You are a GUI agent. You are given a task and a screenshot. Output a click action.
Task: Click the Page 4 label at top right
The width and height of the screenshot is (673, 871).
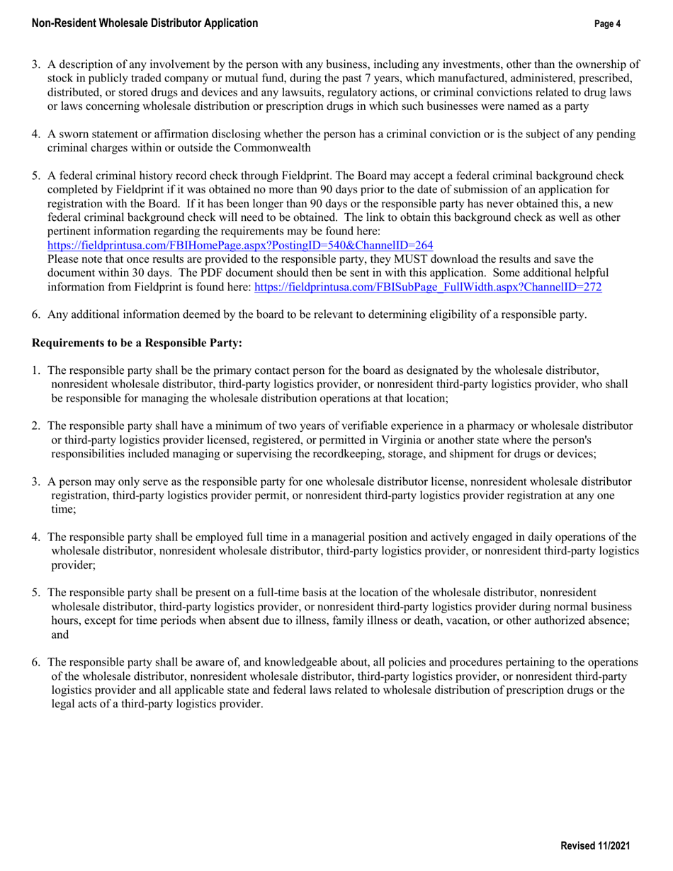tap(608, 24)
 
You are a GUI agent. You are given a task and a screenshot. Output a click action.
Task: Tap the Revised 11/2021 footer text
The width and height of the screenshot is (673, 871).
tap(595, 846)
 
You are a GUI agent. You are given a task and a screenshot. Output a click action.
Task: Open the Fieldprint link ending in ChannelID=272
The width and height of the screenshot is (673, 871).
tap(428, 287)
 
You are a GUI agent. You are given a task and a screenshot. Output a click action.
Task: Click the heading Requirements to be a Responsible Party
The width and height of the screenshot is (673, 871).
tap(137, 343)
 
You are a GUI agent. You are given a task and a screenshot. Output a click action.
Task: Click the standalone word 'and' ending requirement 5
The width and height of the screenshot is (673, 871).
tap(60, 634)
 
